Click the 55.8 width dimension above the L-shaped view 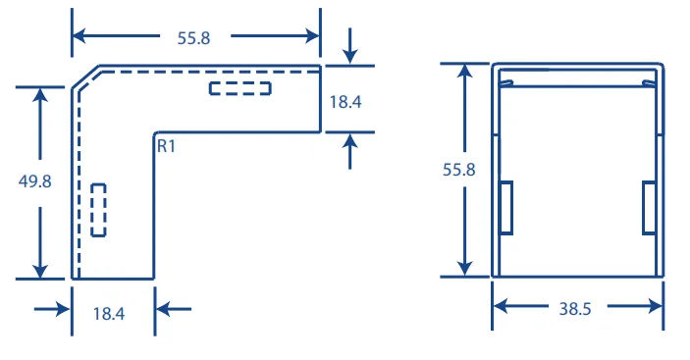click(x=193, y=38)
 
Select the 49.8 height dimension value click(x=34, y=181)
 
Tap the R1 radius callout click(x=166, y=146)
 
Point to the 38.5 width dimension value click(x=575, y=309)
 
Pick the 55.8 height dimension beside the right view click(x=459, y=170)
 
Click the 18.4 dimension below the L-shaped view click(x=109, y=314)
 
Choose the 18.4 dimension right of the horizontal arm click(x=345, y=102)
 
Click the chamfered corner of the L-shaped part click(x=85, y=77)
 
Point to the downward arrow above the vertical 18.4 click(x=349, y=46)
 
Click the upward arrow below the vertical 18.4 click(x=349, y=151)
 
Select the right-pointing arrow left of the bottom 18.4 click(x=52, y=309)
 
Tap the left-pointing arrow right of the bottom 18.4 click(x=174, y=309)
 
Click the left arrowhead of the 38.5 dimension click(x=501, y=306)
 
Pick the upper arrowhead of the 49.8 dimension click(x=40, y=96)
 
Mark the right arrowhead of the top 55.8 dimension click(x=312, y=36)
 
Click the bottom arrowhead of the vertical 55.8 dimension click(x=464, y=268)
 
